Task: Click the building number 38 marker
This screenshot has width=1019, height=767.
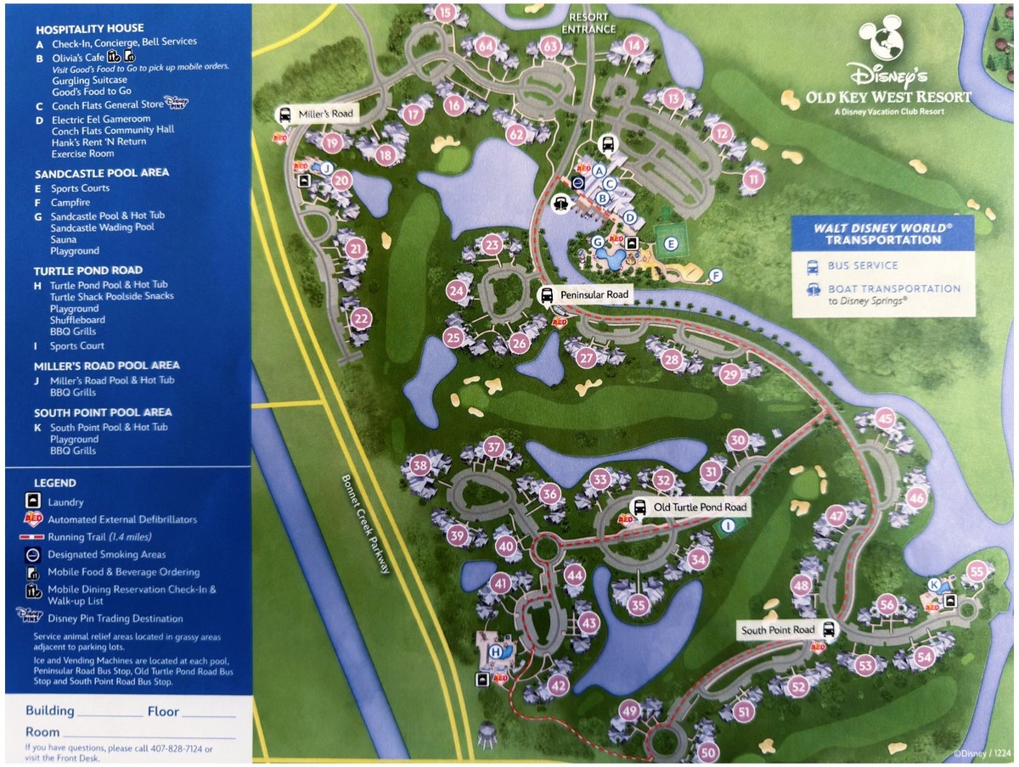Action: pos(419,465)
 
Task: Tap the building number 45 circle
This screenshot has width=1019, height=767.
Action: pos(886,418)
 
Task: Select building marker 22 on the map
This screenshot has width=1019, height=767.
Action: pos(362,319)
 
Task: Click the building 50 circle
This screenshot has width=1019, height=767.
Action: pos(709,751)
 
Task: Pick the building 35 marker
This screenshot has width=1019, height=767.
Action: pos(639,605)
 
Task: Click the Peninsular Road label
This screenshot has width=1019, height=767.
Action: pos(594,294)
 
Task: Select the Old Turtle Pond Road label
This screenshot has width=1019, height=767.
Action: pos(700,507)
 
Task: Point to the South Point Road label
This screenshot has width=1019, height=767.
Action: pos(778,630)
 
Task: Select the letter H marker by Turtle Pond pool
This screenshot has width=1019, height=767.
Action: pos(496,652)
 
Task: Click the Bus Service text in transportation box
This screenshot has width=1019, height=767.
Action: pos(863,266)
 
